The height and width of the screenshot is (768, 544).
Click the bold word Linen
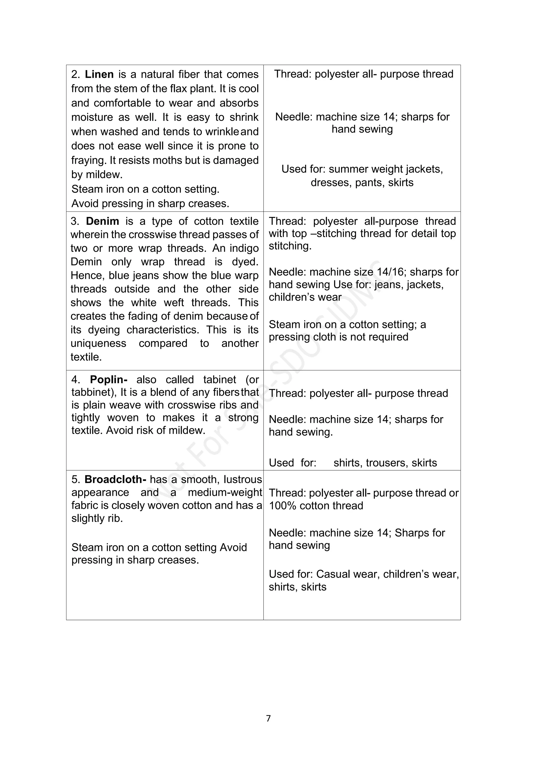tap(99, 74)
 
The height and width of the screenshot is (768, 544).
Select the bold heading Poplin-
tap(109, 379)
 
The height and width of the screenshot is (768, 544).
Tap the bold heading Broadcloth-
tap(115, 479)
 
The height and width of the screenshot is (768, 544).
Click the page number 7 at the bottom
tap(268, 718)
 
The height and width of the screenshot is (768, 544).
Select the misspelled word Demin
tap(86, 262)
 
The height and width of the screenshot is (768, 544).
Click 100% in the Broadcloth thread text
tap(282, 505)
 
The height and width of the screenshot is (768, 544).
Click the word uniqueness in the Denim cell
tap(98, 344)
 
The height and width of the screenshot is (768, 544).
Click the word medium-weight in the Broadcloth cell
tap(225, 492)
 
